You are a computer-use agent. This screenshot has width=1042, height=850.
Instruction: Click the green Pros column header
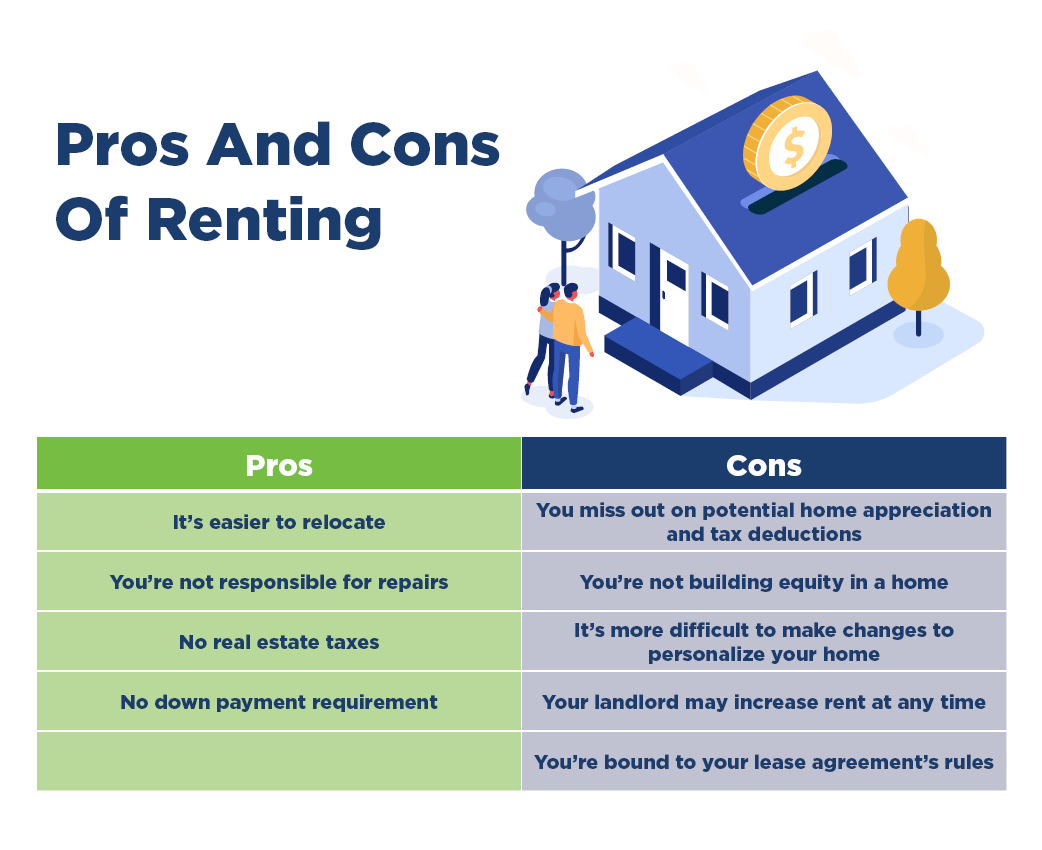(x=279, y=463)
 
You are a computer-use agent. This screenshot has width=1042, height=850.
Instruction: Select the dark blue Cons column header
(x=764, y=463)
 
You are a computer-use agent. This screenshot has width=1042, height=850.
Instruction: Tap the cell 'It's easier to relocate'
(x=279, y=522)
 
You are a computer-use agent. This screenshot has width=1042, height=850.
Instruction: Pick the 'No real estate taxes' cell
(x=279, y=641)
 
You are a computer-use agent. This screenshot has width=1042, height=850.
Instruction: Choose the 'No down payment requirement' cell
(x=279, y=701)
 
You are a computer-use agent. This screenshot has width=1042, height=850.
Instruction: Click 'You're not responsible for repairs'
(x=279, y=582)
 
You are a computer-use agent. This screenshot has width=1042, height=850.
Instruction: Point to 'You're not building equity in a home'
(x=764, y=582)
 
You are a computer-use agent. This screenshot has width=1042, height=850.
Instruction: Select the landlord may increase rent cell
(x=764, y=701)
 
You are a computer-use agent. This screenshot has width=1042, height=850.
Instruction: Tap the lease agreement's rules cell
(x=764, y=761)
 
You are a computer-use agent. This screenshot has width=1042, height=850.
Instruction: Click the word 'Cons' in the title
(x=425, y=145)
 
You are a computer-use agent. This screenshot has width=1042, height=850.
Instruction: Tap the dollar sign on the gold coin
(x=793, y=146)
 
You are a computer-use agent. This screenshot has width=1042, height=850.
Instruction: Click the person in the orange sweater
(x=567, y=342)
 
